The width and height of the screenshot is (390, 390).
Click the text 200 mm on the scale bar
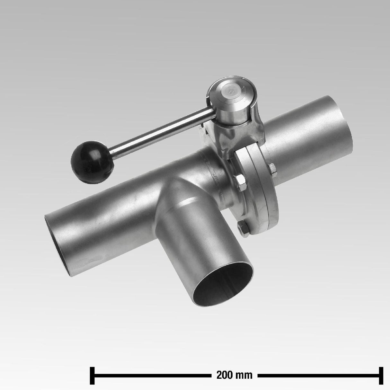[234, 375]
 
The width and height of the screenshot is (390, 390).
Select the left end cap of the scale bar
[92, 375]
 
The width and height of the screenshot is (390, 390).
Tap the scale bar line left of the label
[151, 375]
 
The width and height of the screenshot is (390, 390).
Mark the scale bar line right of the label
[318, 375]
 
